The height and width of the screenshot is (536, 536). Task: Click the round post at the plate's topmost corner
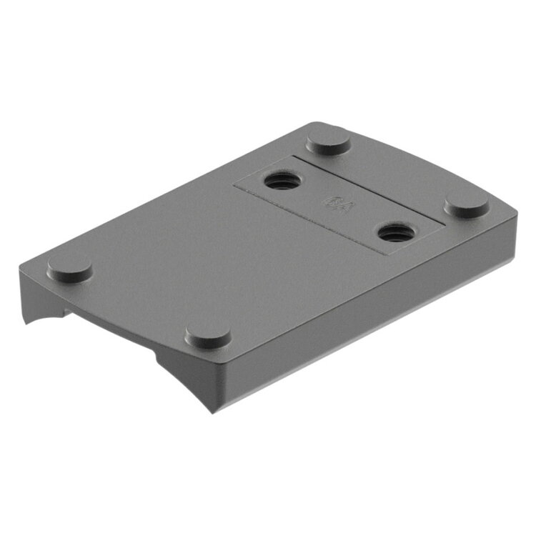click(328, 140)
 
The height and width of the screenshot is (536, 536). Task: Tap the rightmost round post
click(467, 206)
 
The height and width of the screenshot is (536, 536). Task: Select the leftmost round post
click(69, 268)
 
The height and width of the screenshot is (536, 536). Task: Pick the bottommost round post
click(207, 335)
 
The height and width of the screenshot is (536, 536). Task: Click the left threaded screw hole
click(282, 180)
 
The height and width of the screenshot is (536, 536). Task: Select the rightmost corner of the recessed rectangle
click(445, 224)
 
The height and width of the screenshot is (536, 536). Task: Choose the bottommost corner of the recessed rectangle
click(387, 255)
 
